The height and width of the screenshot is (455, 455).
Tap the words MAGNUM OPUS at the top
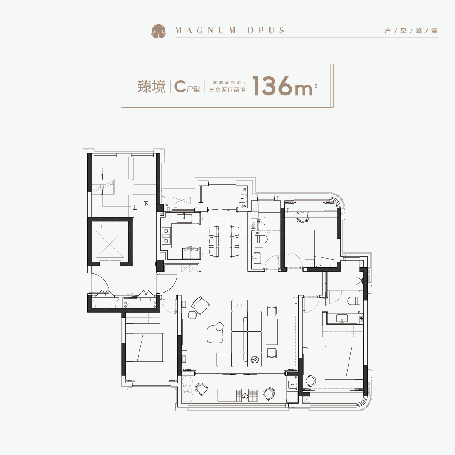pos(230,30)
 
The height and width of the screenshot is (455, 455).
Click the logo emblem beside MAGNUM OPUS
pos(158,31)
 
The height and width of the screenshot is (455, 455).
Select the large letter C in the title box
pos(180,86)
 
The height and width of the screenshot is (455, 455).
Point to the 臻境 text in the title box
pos(151,86)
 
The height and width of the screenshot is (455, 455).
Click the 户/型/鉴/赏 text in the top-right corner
pos(411,31)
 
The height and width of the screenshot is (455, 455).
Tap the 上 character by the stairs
pos(135,207)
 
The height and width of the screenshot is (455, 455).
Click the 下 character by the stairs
pos(146,204)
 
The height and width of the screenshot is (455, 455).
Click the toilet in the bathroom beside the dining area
pos(261,239)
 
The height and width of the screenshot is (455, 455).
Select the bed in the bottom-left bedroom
pos(144,347)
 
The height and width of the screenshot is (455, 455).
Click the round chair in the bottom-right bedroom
pos(310,381)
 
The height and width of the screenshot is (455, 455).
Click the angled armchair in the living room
pos(200,305)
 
